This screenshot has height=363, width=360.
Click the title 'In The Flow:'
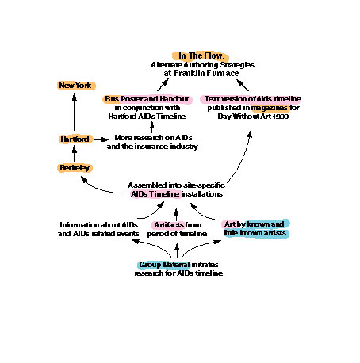click(x=201, y=55)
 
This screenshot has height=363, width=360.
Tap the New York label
click(x=75, y=86)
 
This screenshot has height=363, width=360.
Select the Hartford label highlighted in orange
click(x=75, y=139)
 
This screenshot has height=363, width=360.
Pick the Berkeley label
click(x=75, y=168)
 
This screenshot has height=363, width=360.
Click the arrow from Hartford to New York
click(x=75, y=112)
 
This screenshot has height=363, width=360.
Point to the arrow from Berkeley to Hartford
click(x=75, y=154)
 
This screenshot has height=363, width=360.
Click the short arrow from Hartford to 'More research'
click(x=101, y=139)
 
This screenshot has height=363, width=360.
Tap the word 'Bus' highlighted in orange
click(x=112, y=99)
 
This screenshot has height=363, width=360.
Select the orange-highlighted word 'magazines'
click(x=270, y=108)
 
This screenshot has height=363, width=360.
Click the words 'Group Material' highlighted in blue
click(x=164, y=265)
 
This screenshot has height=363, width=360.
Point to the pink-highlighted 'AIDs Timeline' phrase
click(x=155, y=194)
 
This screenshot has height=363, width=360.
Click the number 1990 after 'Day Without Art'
click(x=281, y=117)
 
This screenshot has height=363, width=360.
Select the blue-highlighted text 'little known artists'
click(x=255, y=233)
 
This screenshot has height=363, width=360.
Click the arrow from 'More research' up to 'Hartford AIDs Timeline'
click(x=152, y=127)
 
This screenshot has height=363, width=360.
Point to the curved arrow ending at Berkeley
click(x=101, y=188)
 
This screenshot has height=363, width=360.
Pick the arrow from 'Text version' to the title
click(x=243, y=85)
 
